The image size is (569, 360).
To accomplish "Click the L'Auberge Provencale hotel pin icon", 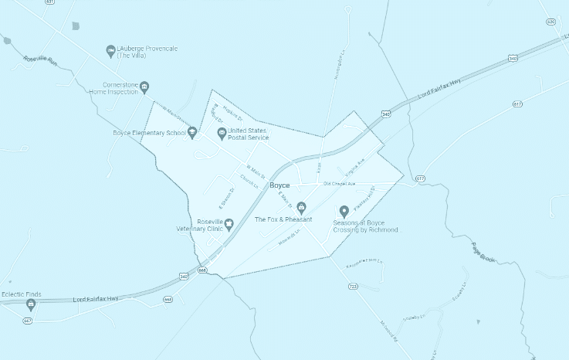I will coord(111,51).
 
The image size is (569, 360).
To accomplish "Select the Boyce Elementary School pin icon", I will coord(192,132).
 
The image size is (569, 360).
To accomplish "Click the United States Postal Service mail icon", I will coord(222,134).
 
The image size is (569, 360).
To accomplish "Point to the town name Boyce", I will coord(279,186).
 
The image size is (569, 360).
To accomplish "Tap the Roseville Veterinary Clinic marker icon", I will coord(229,224).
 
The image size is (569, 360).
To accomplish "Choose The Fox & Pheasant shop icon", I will coord(301,208).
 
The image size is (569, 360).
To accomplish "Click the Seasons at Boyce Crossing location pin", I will coord(344,211).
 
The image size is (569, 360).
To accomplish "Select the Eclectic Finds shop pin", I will coord(31,304).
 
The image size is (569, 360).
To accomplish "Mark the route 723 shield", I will coord(353,286).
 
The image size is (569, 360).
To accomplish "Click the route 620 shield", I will coord(550,22).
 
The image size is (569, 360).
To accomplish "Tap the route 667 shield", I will coord(28,320).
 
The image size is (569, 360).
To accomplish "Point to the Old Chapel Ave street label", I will coord(339,184).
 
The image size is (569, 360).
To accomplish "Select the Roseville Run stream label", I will coord(40,59).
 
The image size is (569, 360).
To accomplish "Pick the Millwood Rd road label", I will coord(390,331).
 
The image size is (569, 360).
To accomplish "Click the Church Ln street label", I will coord(249,180).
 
